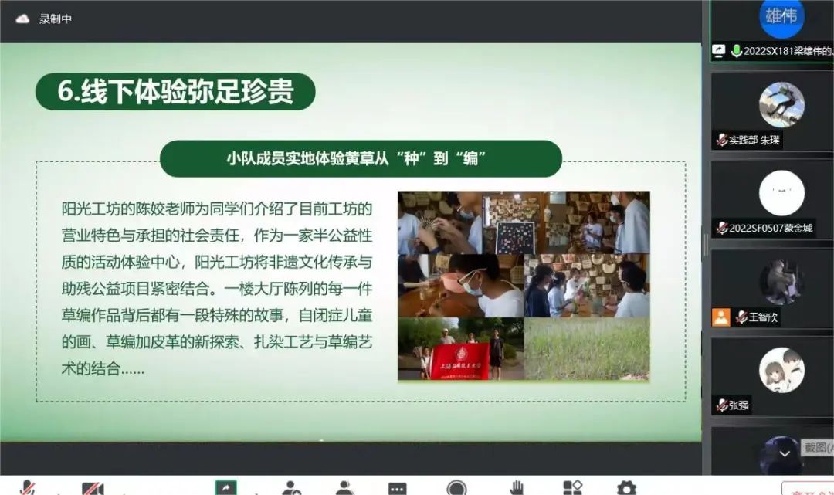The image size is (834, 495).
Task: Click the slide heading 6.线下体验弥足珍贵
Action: (175, 92)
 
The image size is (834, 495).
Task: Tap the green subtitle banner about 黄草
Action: (361, 158)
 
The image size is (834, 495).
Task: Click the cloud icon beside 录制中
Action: (22, 19)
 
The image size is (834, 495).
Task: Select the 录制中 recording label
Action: (56, 19)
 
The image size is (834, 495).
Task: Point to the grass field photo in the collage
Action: (587, 348)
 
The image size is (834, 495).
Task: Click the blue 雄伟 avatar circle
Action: (781, 17)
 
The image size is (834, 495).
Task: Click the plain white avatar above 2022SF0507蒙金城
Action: (781, 192)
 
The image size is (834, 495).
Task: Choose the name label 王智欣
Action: (764, 317)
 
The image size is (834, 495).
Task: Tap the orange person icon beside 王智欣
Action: (721, 317)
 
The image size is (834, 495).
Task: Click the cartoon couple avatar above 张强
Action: (781, 370)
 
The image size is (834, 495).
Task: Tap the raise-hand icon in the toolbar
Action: (516, 487)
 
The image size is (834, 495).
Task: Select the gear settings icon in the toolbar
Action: (626, 487)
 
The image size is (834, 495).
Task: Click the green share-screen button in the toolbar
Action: (226, 487)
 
